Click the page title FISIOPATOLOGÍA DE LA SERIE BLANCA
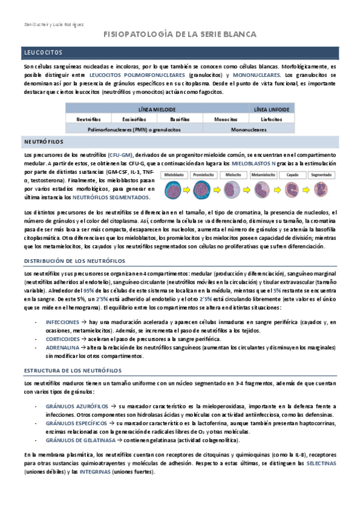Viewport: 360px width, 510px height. pos(180,35)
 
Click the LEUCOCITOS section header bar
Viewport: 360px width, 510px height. pos(180,52)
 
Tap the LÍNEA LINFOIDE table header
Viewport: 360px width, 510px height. pos(272,110)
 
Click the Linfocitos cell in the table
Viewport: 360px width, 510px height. pos(272,119)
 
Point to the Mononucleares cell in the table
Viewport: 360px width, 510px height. pos(249,129)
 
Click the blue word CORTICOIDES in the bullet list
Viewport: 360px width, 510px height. pos(63,339)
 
